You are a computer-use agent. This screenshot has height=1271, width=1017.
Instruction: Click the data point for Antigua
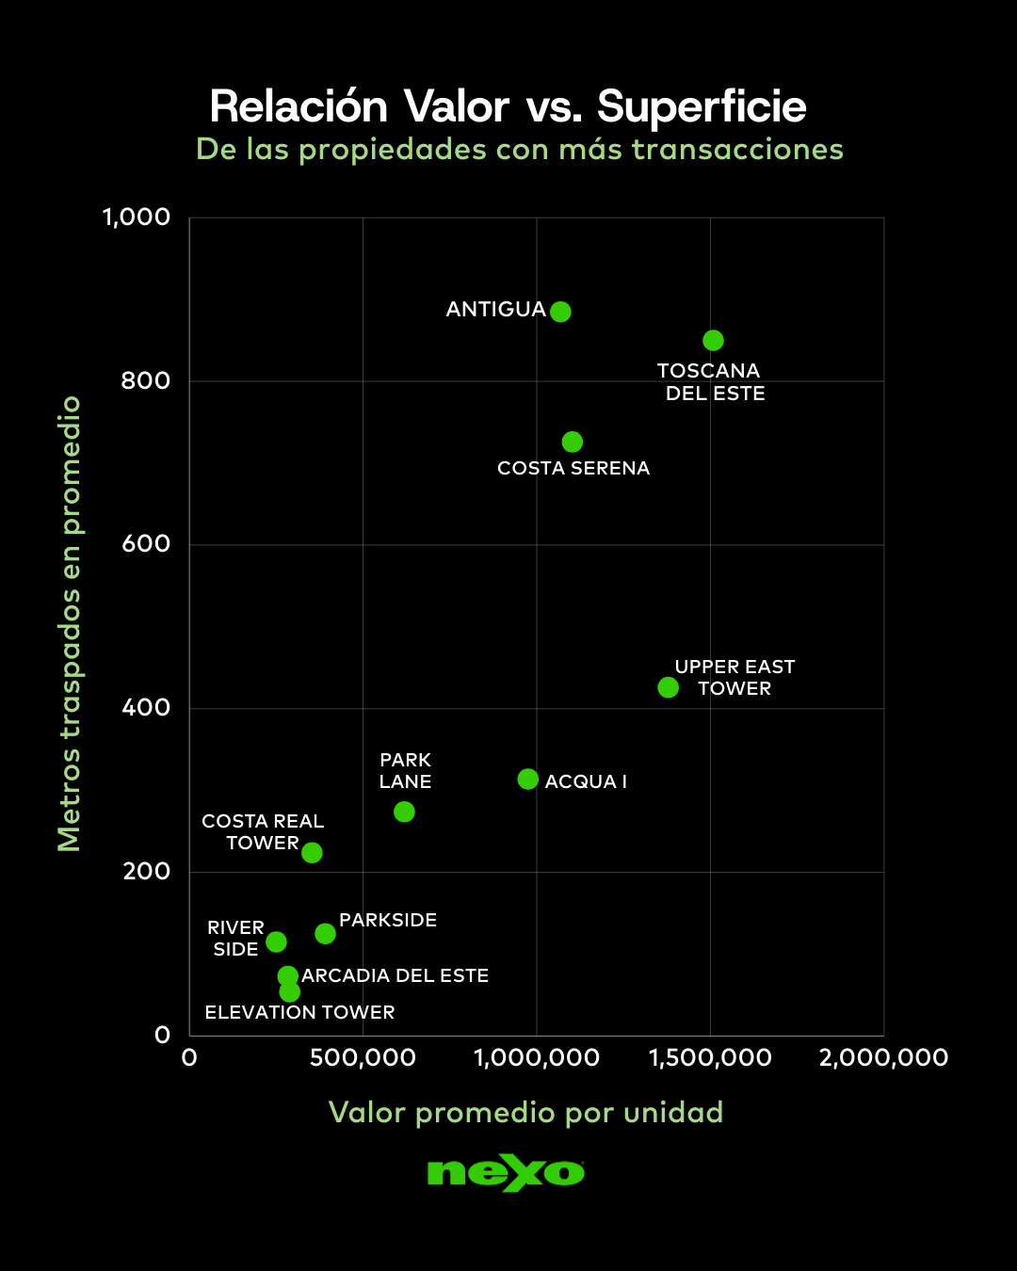tap(560, 312)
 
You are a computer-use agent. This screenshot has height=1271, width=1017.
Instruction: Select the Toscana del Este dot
tap(713, 340)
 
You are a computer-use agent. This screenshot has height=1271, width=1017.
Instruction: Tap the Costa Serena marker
tap(572, 442)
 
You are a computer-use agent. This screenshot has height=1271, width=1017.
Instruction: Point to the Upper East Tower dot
tap(668, 687)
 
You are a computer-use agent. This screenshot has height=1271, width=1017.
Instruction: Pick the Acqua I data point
tap(527, 780)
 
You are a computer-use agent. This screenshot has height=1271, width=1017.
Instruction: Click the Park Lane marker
tap(404, 812)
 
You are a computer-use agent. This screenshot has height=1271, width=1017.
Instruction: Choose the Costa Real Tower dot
tap(312, 853)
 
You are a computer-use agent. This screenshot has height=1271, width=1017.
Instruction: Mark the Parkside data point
tap(325, 933)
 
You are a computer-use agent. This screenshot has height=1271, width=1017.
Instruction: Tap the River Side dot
tap(276, 941)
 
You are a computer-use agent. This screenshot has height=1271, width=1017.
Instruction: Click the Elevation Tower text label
tap(299, 1012)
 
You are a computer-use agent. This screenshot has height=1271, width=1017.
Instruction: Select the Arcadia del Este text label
tap(395, 975)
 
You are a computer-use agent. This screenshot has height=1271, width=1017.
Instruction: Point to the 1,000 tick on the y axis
tap(137, 217)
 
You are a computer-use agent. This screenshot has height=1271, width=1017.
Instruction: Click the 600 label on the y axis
tap(146, 543)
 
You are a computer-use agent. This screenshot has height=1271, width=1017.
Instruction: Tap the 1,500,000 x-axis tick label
tap(710, 1057)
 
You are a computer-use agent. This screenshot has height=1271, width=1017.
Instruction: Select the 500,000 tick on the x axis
tap(363, 1057)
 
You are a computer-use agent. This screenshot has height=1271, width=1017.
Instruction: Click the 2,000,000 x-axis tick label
tap(883, 1057)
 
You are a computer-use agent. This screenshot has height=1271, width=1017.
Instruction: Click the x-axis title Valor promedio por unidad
tap(525, 1112)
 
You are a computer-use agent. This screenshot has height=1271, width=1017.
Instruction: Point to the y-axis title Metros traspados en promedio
tap(70, 623)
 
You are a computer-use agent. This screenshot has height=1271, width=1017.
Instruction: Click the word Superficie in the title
tap(702, 106)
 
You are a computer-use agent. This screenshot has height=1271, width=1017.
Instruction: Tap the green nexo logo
tap(506, 1173)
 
